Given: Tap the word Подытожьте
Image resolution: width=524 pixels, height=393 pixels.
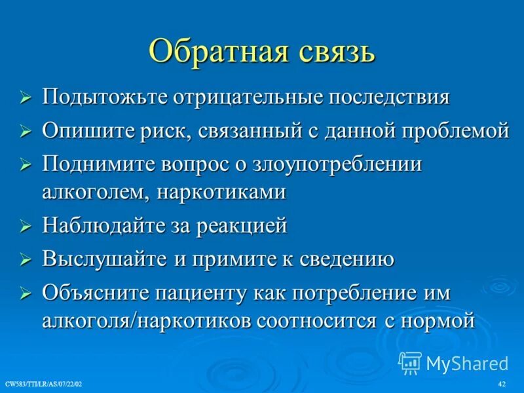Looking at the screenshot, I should coord(105,98).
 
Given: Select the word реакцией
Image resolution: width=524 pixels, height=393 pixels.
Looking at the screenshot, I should coord(242,226).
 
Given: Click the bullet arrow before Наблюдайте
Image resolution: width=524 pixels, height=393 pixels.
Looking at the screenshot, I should coord(26,227).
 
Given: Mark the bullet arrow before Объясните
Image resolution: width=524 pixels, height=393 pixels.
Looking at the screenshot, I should coord(26,293).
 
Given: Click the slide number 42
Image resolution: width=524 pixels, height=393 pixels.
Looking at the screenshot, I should coord(502,383).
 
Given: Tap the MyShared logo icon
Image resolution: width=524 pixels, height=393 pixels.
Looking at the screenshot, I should coord(410,362).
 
